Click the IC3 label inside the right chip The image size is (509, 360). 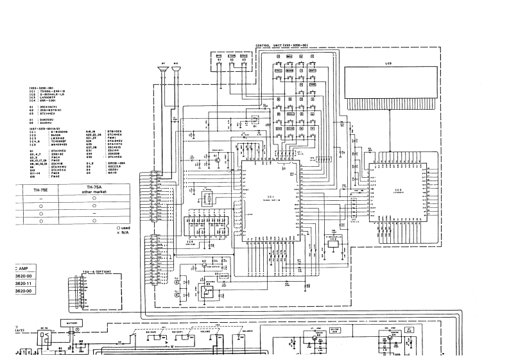[x=398, y=189]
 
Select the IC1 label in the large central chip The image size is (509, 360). [x=271, y=196]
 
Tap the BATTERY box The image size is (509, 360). [x=69, y=323]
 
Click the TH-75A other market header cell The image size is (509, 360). [x=94, y=190]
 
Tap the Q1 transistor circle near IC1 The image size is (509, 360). [x=218, y=158]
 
